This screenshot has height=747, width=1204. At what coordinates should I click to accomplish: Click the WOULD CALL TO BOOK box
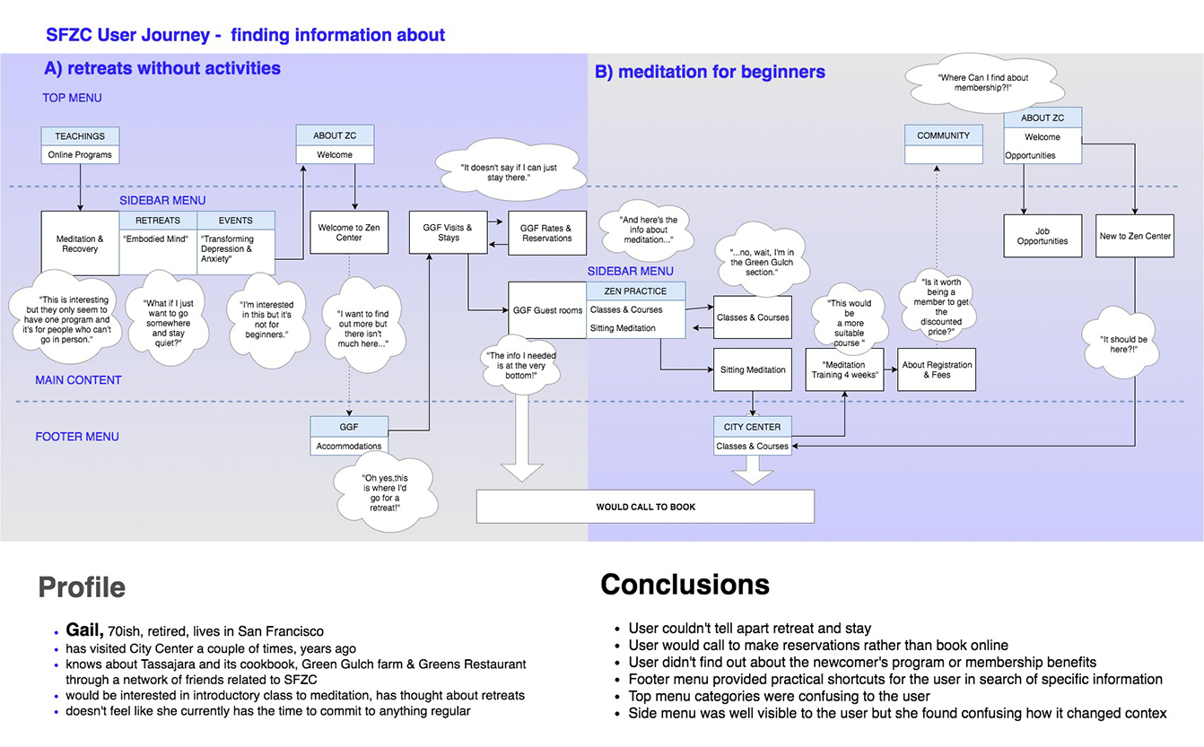[x=645, y=507]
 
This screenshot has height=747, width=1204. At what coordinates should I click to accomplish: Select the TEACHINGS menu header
[x=80, y=136]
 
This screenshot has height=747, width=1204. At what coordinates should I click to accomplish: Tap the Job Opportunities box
[x=1042, y=236]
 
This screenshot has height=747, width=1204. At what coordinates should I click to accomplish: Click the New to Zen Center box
[x=1135, y=236]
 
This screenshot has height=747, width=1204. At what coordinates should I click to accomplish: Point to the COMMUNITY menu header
[x=943, y=135]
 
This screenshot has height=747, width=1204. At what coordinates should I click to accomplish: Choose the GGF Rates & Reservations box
[x=546, y=233]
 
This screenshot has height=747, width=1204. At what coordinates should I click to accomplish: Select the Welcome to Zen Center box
[x=349, y=233]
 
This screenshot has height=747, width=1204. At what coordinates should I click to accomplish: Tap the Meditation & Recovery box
[x=80, y=244]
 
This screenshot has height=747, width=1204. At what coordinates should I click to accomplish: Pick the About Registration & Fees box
[x=937, y=370]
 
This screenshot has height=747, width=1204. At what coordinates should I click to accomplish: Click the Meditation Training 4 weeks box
[x=844, y=370]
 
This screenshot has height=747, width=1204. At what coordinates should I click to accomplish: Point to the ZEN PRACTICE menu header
[x=635, y=291]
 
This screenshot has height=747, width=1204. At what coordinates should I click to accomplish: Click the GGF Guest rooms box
[x=547, y=310]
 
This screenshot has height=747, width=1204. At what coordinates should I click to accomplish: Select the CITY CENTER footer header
[x=752, y=427]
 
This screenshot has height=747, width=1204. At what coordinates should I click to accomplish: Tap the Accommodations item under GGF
[x=348, y=446]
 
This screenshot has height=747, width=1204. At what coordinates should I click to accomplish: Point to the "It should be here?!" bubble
[x=1123, y=344]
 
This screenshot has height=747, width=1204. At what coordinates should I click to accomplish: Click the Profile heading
[x=82, y=588]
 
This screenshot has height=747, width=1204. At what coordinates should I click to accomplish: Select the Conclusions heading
[x=685, y=585]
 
